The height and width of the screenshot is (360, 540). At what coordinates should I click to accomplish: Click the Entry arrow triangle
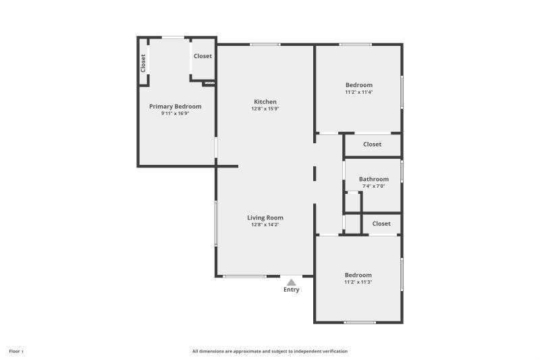point(291,282)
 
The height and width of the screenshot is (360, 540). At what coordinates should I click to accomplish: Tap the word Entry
point(291,290)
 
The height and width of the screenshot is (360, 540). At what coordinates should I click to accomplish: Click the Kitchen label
point(265,102)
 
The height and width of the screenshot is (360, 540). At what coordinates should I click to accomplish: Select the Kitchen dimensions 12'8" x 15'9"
point(265,109)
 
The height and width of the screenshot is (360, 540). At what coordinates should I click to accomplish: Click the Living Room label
point(265,217)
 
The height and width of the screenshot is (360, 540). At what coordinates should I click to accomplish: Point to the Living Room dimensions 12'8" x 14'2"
point(265,225)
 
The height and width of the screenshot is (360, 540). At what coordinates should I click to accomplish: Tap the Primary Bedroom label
point(175,106)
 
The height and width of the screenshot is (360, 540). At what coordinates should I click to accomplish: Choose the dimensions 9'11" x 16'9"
point(175,113)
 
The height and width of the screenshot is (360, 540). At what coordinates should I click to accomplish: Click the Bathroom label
point(373,179)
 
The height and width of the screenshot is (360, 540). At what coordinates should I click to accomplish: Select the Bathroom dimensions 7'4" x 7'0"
point(373,186)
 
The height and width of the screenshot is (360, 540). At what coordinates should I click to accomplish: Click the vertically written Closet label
point(143,63)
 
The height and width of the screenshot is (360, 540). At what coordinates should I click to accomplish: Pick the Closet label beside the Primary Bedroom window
point(202,56)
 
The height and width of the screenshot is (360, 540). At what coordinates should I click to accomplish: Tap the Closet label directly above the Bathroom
point(372,144)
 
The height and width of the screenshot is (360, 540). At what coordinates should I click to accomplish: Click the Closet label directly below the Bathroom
point(381,224)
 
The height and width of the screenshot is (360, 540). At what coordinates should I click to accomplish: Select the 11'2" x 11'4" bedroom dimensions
point(358,92)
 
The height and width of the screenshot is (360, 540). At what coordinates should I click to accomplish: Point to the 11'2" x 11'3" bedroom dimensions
point(358,282)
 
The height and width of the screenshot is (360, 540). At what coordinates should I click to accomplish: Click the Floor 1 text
point(16,351)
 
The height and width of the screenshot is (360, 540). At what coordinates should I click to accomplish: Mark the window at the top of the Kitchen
point(265,45)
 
